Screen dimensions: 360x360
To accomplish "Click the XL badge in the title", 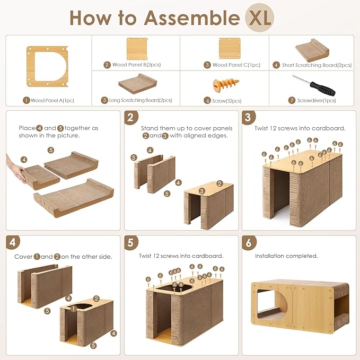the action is click(x=259, y=17).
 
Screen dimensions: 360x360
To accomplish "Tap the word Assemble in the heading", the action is click(x=192, y=18).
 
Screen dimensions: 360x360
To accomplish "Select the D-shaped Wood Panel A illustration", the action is click(x=47, y=66).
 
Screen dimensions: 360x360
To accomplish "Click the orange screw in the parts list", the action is click(x=226, y=85).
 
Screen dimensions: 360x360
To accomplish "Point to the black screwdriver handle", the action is click(x=322, y=89).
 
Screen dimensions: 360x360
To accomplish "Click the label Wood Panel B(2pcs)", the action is click(x=136, y=65).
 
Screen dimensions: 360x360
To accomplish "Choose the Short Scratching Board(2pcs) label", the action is click(x=317, y=65).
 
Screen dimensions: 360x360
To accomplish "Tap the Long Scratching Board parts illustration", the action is click(x=137, y=84).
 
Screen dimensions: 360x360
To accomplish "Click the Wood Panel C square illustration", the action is click(x=230, y=48).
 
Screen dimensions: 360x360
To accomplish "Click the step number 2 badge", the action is click(x=131, y=117).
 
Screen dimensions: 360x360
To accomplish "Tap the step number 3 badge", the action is click(x=249, y=117).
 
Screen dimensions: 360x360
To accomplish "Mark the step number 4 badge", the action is click(x=13, y=242).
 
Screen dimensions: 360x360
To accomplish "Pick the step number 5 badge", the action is click(x=131, y=242).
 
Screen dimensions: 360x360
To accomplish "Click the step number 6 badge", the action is click(x=249, y=242).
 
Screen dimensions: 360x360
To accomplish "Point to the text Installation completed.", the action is click(x=286, y=256).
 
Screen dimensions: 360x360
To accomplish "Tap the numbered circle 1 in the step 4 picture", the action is click(x=74, y=309).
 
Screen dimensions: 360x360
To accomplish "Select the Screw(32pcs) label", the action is click(x=226, y=101).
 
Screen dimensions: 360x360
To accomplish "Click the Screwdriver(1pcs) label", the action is click(x=317, y=101).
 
